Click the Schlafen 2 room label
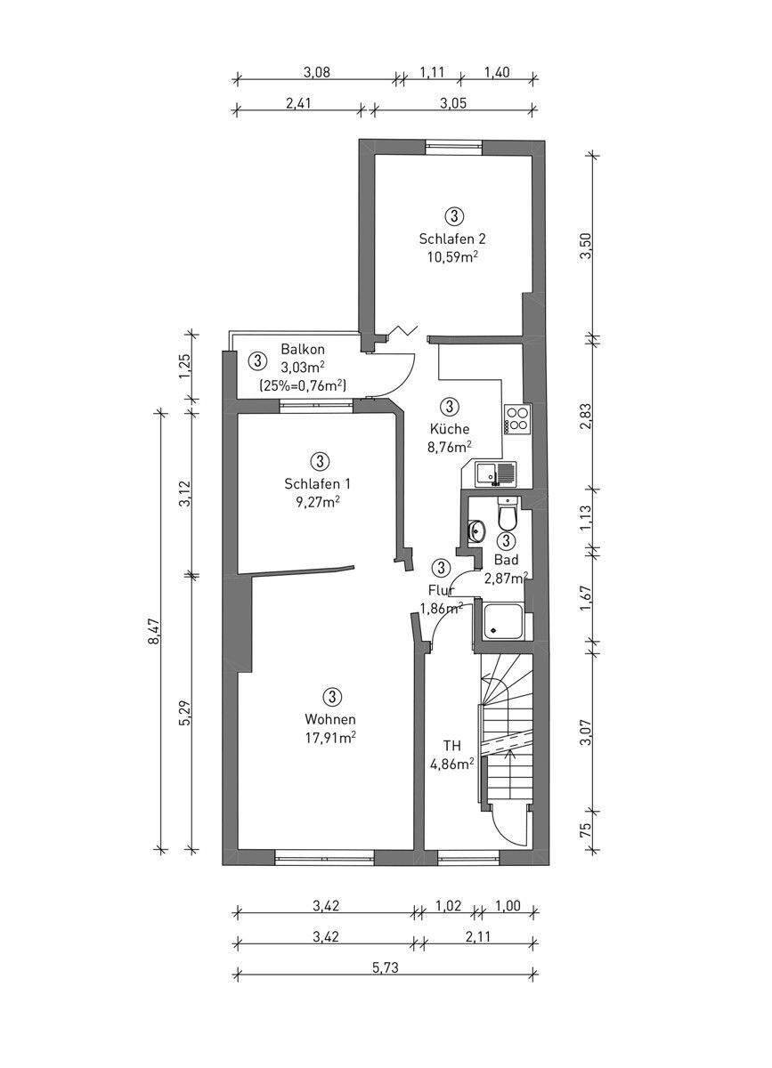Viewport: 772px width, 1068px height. tap(451, 239)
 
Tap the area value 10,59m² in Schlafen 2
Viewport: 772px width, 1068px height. tap(453, 257)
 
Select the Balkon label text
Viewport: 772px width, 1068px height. tap(303, 349)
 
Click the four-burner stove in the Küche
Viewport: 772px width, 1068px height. tap(517, 419)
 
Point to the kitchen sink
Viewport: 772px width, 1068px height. tap(495, 473)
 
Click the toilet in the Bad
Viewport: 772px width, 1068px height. tap(507, 513)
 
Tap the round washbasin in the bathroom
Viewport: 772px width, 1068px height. tap(475, 530)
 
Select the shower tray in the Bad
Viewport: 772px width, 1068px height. tap(503, 621)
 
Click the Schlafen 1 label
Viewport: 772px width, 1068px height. tap(317, 484)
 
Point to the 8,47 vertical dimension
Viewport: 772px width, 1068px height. tap(154, 633)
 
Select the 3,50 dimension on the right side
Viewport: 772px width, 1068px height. tap(587, 245)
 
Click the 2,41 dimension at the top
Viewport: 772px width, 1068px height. tap(297, 102)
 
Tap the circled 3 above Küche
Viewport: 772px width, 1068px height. tap(449, 407)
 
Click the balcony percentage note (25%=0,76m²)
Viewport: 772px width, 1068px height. tap(303, 384)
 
